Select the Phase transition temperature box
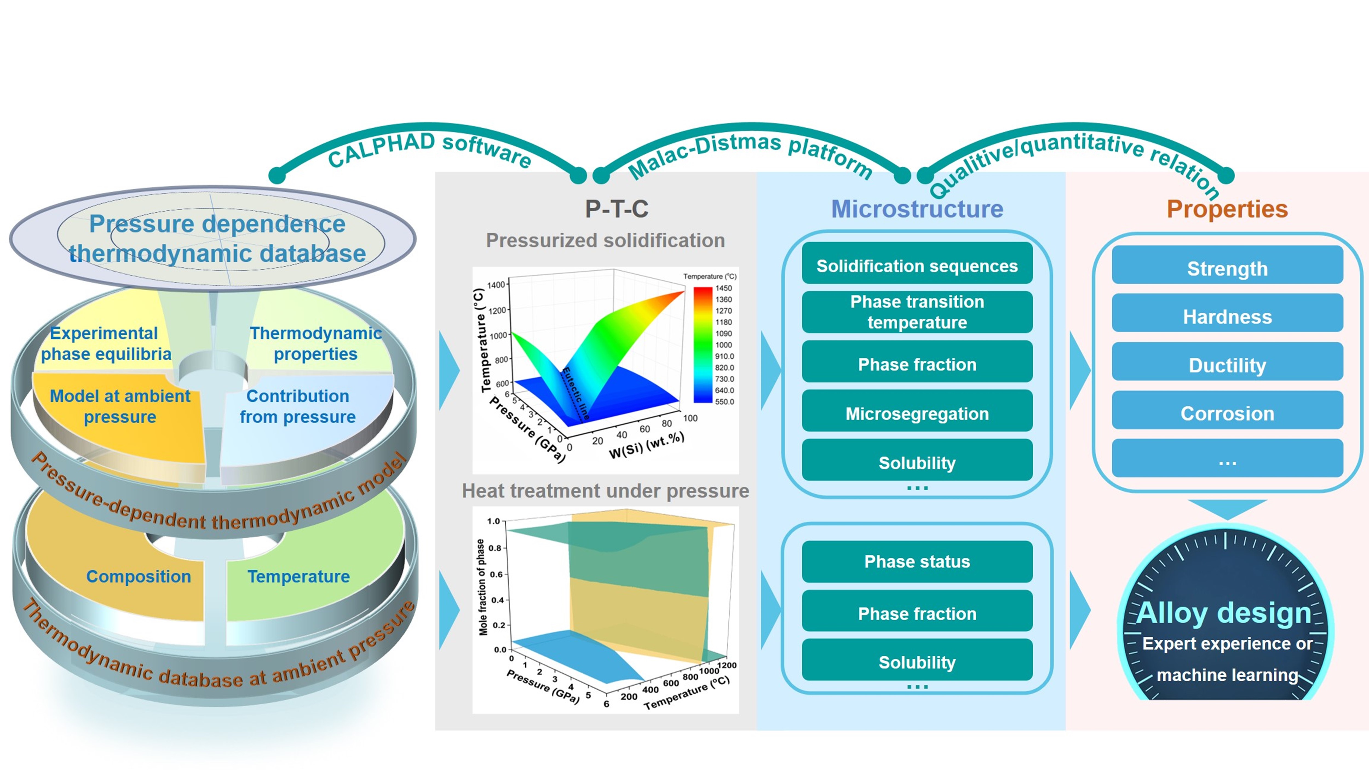click(x=917, y=312)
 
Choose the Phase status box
click(x=917, y=561)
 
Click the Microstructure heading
click(x=917, y=209)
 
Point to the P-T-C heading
click(x=617, y=209)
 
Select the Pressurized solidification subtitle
click(x=605, y=240)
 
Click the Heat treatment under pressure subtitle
click(x=605, y=490)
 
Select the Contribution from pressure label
click(x=298, y=407)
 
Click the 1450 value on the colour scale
click(x=723, y=288)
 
